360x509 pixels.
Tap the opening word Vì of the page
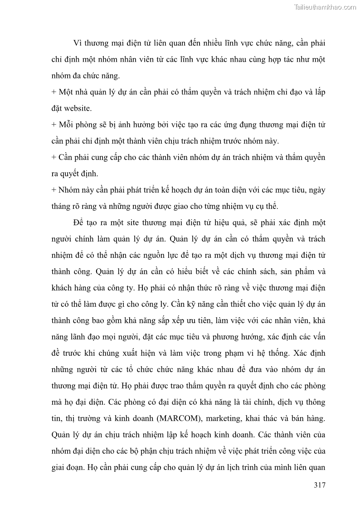(x=78, y=44)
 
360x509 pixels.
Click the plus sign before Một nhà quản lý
(x=54, y=92)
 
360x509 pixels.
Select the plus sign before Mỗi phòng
(x=54, y=125)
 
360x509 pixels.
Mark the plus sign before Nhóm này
(x=54, y=190)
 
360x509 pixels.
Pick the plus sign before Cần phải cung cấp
(x=54, y=158)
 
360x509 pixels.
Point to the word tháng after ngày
(x=63, y=207)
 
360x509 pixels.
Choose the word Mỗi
(x=67, y=125)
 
